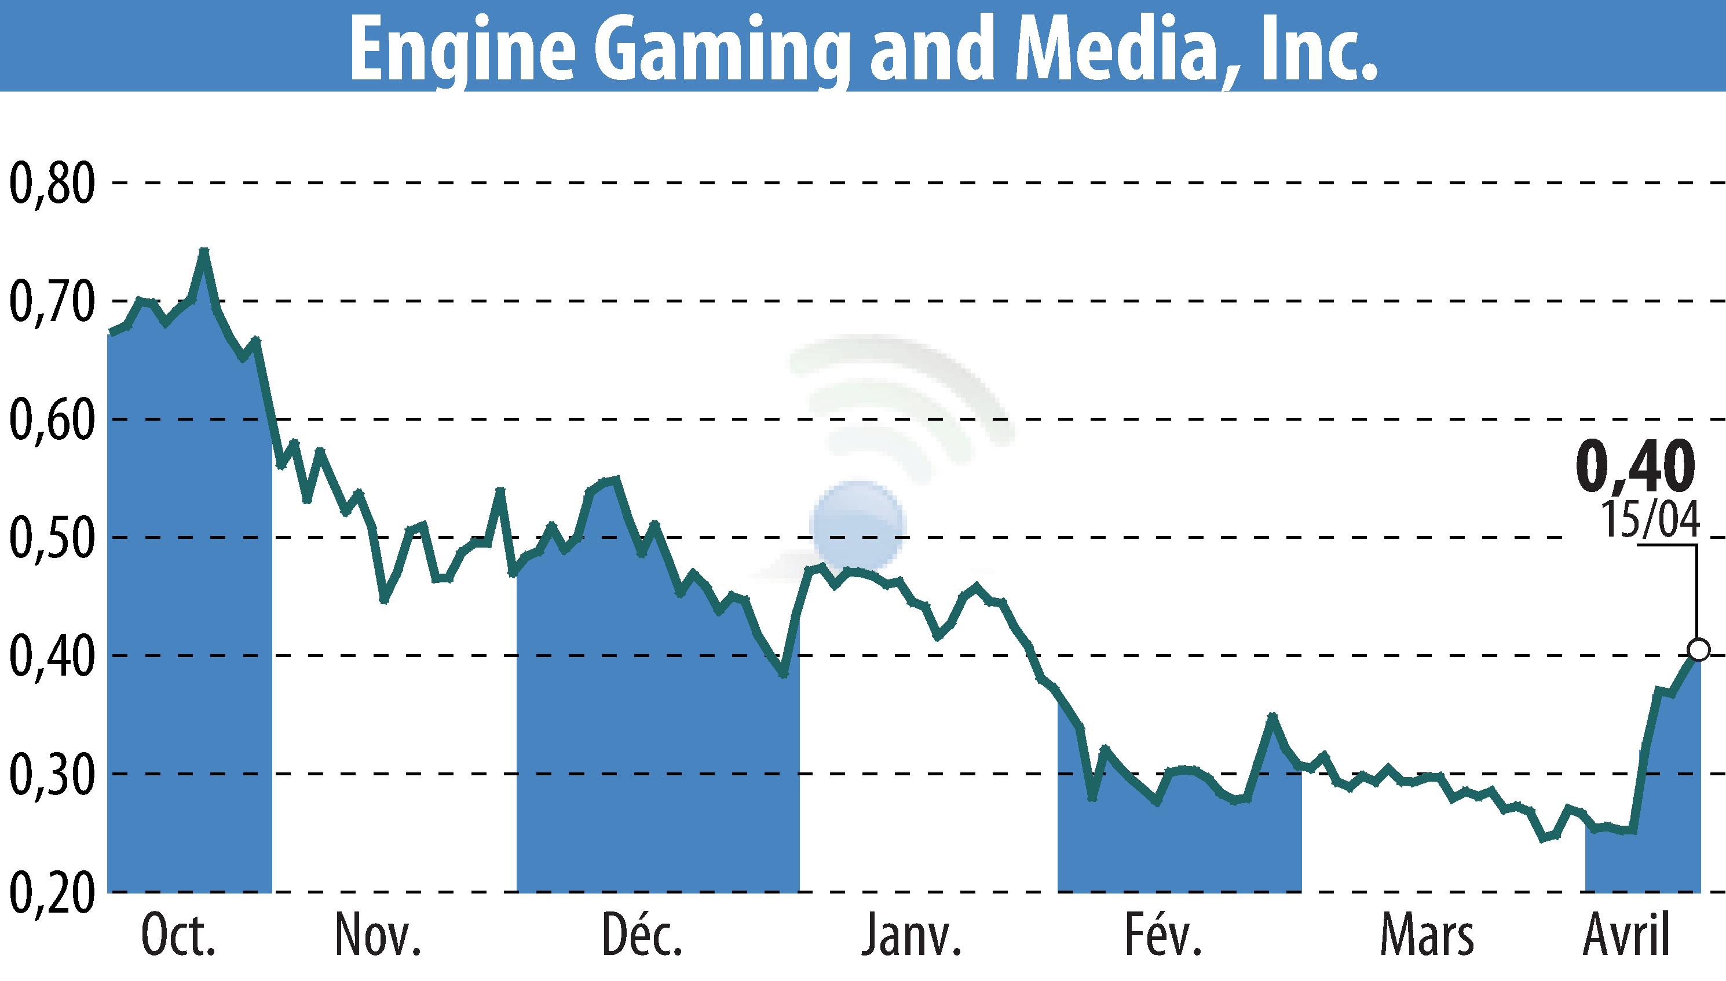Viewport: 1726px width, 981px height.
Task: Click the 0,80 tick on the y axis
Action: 50,183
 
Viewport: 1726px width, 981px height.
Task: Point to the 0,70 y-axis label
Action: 50,301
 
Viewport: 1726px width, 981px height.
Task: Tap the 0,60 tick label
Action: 50,419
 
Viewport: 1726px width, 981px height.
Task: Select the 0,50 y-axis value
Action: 50,538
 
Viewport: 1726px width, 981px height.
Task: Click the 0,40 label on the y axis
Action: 50,655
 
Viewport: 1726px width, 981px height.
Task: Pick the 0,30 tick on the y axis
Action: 50,774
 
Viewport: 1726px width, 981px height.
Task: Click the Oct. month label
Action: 178,936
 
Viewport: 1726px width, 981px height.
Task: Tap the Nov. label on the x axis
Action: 378,936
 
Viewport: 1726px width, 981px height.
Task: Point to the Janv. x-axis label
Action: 911,936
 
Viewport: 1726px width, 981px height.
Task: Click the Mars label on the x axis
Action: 1427,936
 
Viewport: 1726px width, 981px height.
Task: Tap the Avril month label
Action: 1626,936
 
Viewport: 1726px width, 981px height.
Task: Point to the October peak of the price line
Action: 204,251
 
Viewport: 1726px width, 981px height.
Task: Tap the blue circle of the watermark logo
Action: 857,526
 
